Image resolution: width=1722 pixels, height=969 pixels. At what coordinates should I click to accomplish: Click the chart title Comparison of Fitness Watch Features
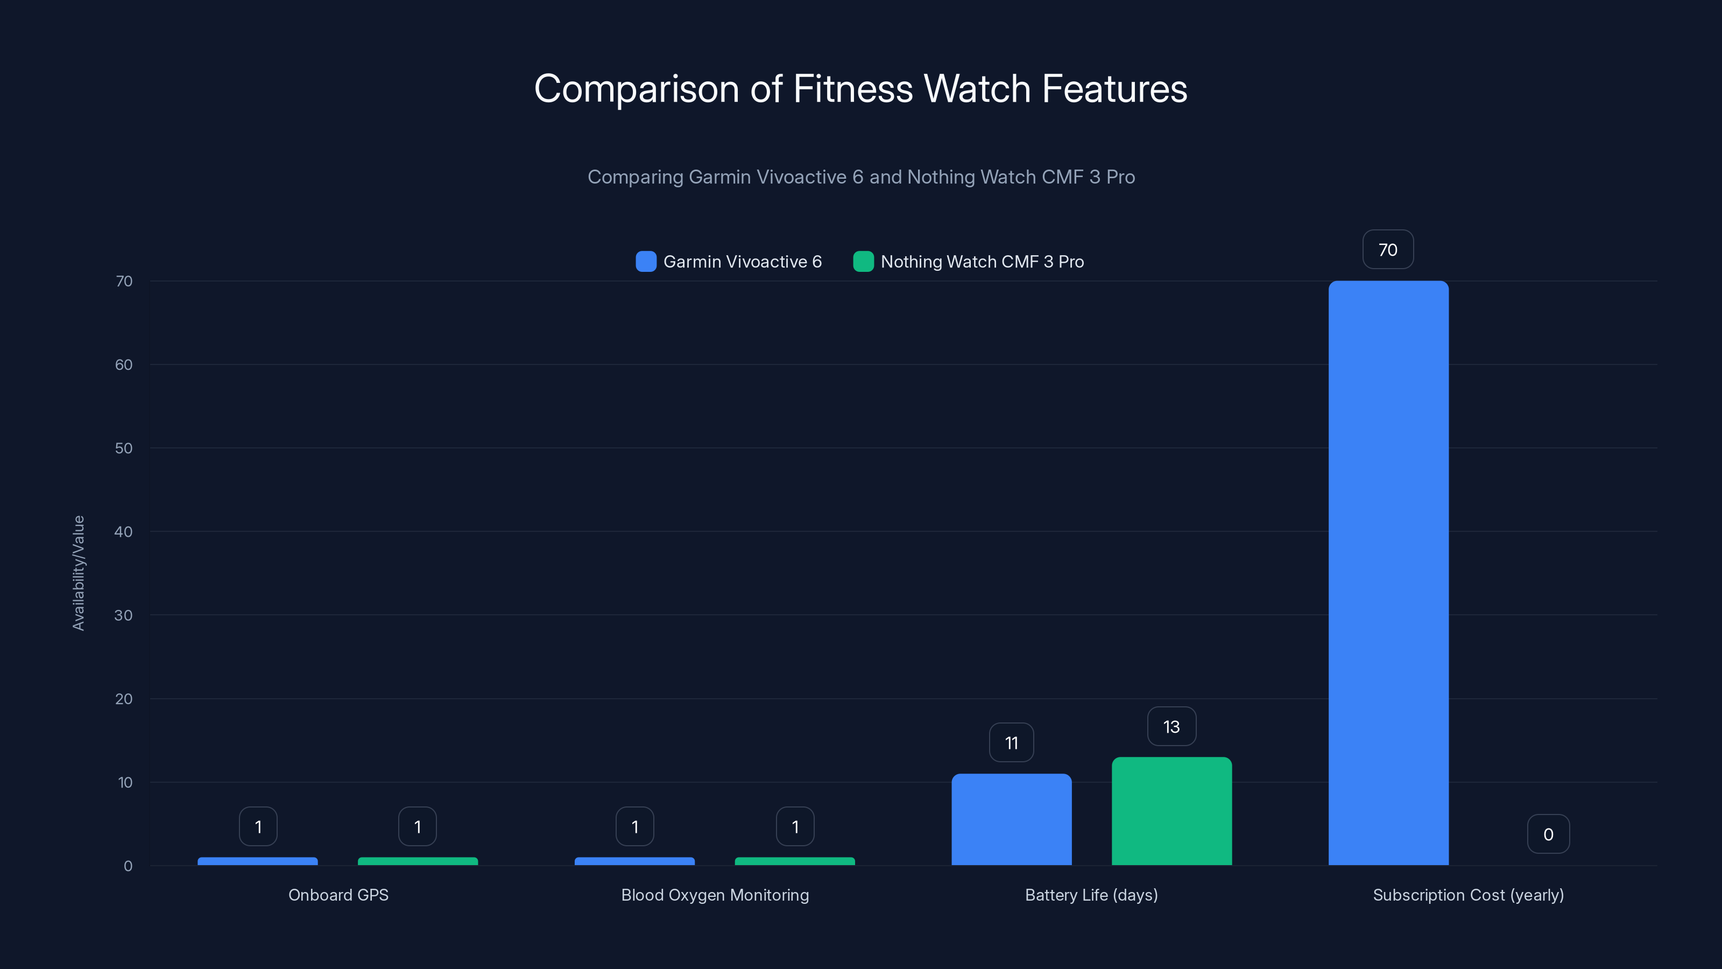[x=860, y=89]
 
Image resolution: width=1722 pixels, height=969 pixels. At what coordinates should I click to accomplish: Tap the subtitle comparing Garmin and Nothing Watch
[x=860, y=177]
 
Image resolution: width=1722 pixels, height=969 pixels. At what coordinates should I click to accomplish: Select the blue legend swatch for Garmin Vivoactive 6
[x=646, y=262]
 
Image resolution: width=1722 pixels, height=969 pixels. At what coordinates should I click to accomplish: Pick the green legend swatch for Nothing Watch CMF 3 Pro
[x=863, y=262]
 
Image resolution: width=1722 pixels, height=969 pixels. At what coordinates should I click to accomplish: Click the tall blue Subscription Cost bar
[x=1388, y=573]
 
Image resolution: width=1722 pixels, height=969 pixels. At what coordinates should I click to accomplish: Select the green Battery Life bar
[x=1171, y=811]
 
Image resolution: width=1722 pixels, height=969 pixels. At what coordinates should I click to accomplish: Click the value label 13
[x=1171, y=727]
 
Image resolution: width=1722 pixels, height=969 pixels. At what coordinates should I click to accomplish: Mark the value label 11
[x=1011, y=743]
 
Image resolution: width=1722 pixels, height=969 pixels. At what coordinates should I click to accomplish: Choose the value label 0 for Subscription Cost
[x=1548, y=834]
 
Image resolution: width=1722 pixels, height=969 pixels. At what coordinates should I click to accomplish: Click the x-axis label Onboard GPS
[x=338, y=895]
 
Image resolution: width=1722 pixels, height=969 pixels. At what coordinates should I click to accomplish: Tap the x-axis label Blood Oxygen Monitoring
[x=715, y=895]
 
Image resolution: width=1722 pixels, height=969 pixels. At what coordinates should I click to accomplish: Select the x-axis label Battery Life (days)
[x=1091, y=895]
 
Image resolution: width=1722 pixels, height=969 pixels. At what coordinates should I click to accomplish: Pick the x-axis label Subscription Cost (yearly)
[x=1468, y=895]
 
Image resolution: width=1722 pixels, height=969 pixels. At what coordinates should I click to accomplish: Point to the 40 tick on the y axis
[x=124, y=532]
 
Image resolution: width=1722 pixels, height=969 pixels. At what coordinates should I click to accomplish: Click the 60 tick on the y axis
[x=124, y=365]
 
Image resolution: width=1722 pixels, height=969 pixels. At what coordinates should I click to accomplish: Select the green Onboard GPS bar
[x=418, y=861]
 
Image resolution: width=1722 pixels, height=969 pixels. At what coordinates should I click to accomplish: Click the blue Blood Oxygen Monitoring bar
[x=634, y=861]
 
